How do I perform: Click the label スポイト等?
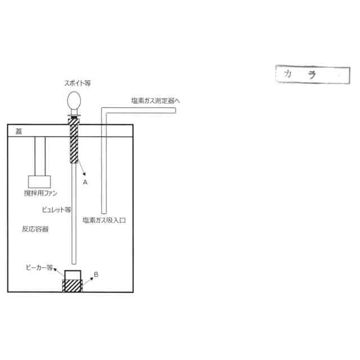(x=77, y=83)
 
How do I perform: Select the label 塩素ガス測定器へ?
(x=156, y=101)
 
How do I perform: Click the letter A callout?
(x=85, y=182)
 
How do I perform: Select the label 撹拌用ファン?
(x=40, y=193)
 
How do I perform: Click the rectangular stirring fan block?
(x=39, y=181)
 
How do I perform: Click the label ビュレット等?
(x=57, y=209)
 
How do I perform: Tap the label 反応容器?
(x=35, y=229)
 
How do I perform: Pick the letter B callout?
(x=97, y=274)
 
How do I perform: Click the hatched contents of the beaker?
(x=72, y=285)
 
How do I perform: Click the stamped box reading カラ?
(x=309, y=74)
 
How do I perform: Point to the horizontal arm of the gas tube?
(x=141, y=110)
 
